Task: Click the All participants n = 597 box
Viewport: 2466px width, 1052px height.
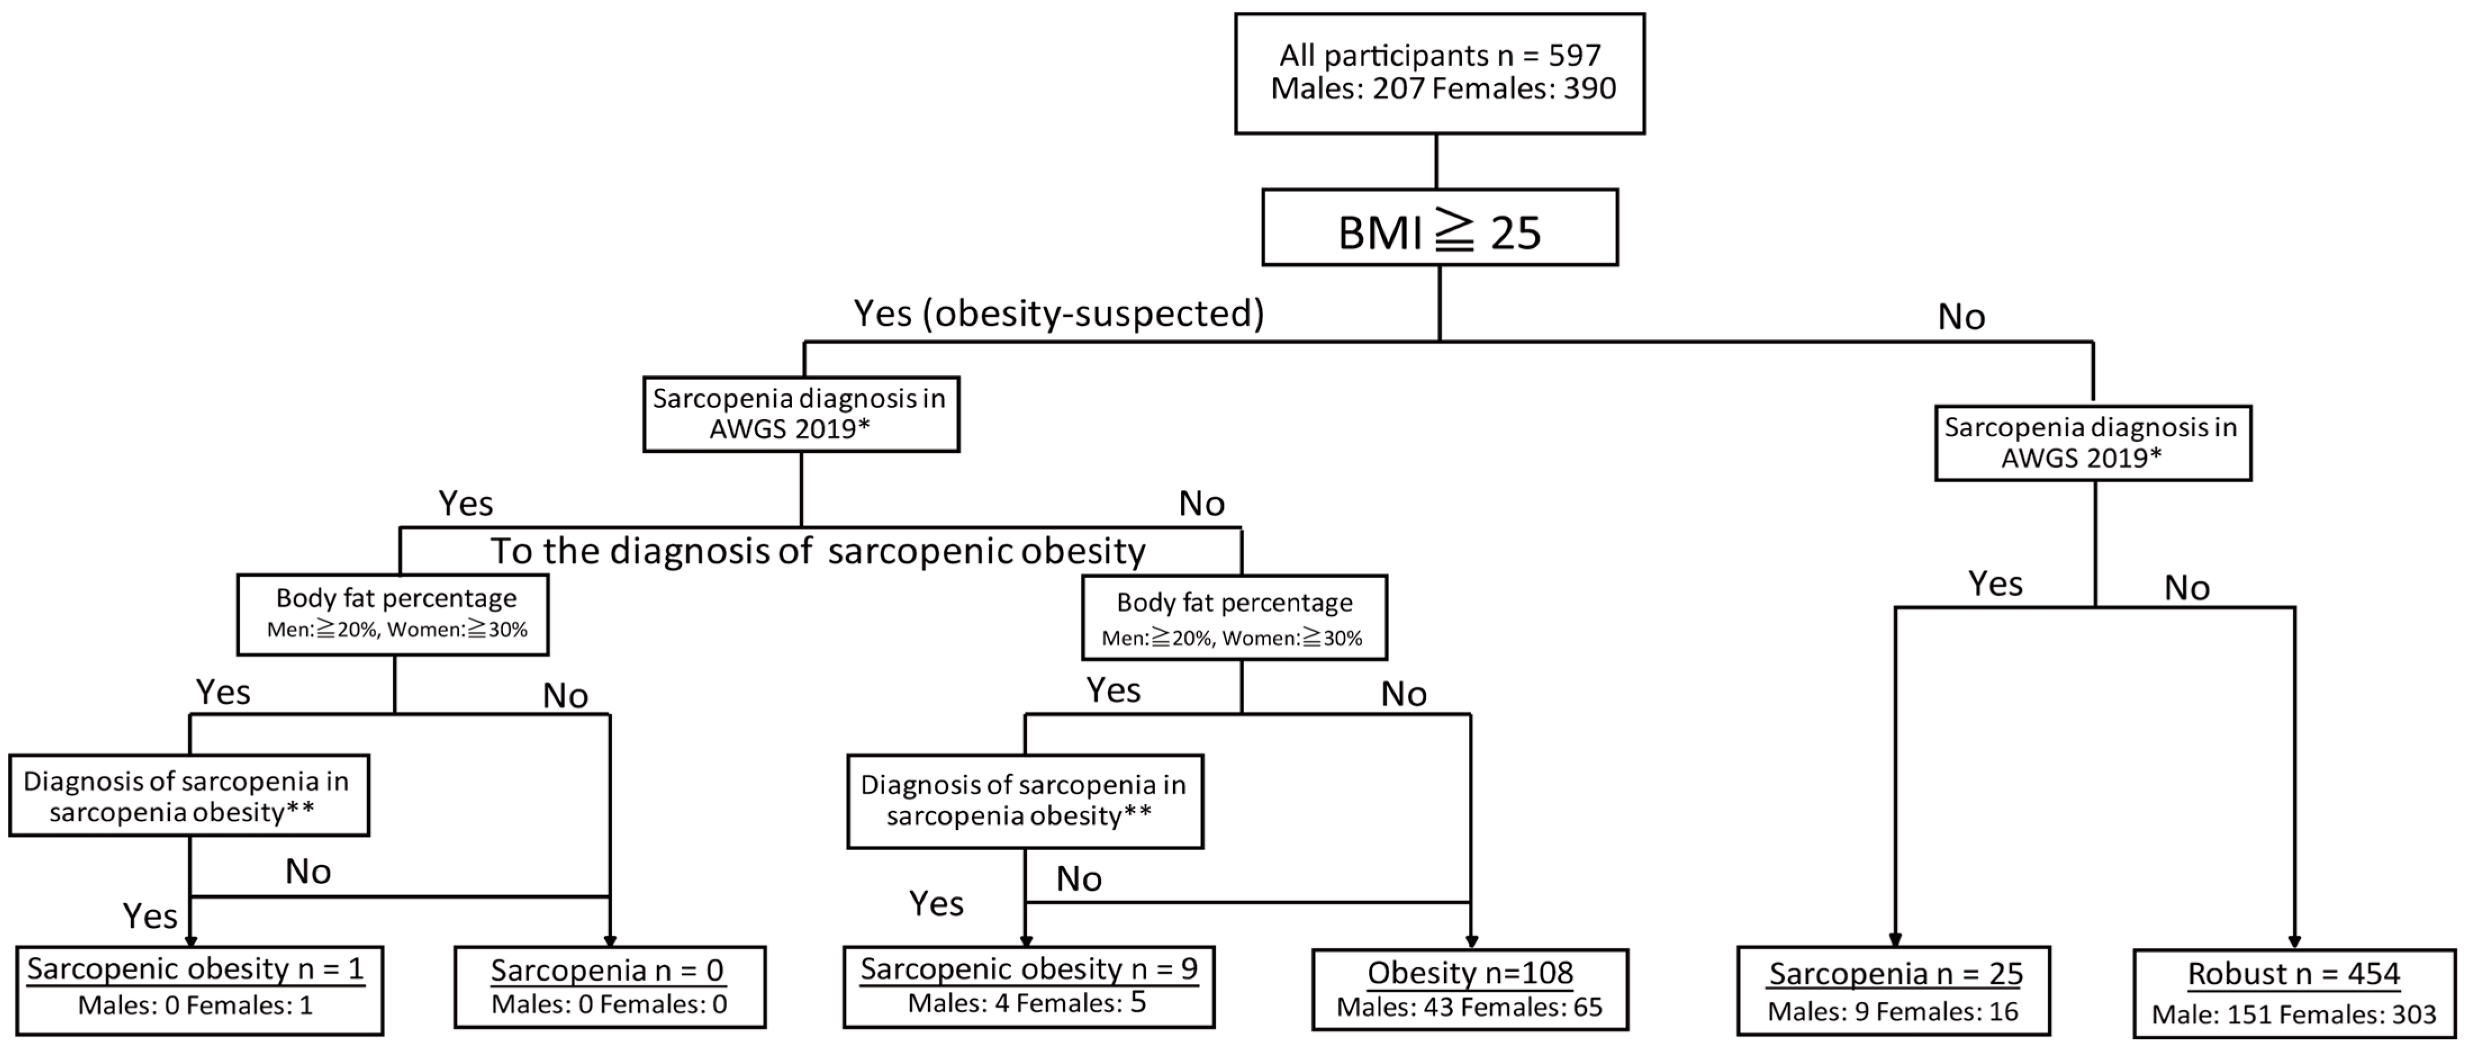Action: (x=1439, y=72)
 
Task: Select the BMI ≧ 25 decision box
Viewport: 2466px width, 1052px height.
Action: (x=1439, y=227)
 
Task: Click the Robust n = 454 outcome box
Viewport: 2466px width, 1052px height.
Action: (x=2293, y=992)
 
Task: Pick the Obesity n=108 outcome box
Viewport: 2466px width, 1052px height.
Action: (x=1469, y=989)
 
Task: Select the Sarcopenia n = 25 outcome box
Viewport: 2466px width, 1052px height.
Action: (x=1894, y=990)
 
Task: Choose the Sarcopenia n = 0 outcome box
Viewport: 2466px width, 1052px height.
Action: (x=609, y=987)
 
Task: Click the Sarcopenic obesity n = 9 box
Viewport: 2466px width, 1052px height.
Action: (x=1028, y=987)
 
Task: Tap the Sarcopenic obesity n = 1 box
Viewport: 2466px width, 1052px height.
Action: (x=198, y=990)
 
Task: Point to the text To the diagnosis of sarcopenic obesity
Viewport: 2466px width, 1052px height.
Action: (x=818, y=551)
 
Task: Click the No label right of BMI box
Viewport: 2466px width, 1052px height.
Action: (x=1961, y=317)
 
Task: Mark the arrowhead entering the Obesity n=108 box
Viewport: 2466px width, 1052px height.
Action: (x=1472, y=941)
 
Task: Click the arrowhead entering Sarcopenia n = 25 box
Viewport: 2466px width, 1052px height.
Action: (x=1894, y=940)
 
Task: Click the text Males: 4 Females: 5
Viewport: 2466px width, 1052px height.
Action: (x=1027, y=1003)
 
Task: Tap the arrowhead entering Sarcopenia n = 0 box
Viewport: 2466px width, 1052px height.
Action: (x=610, y=940)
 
